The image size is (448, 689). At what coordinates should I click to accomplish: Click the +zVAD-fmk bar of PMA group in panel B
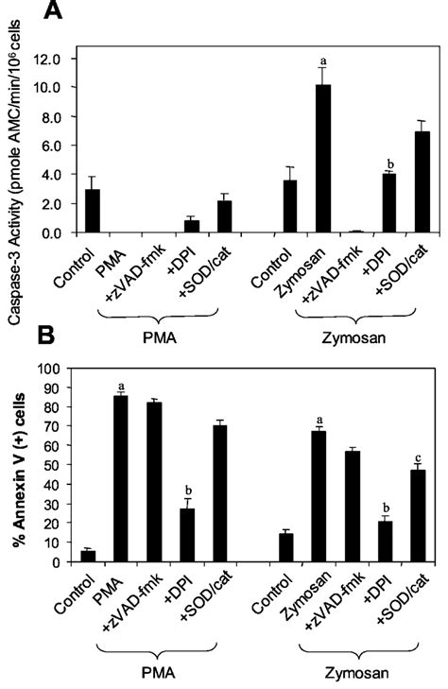[x=153, y=482]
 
